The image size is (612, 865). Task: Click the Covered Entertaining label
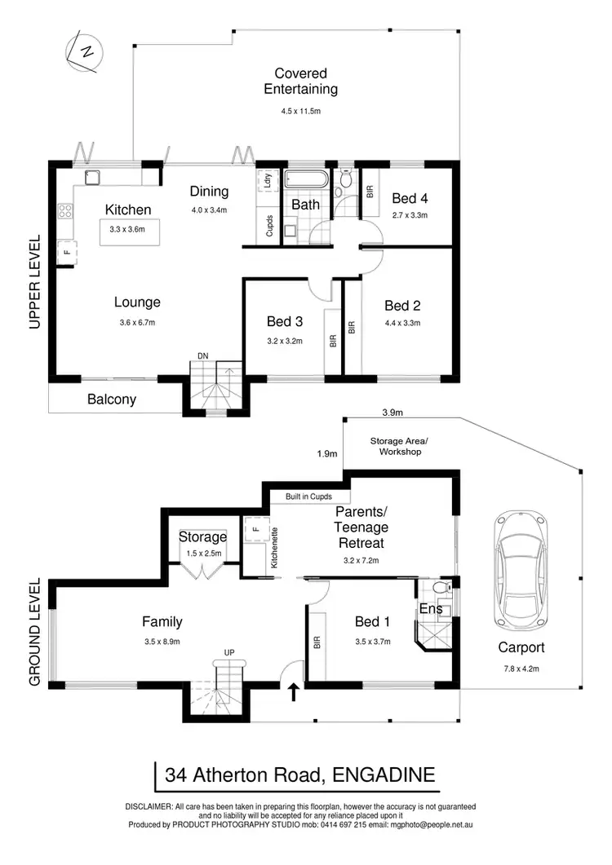(x=307, y=82)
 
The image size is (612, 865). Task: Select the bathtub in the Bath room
(x=306, y=181)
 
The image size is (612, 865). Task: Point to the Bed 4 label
(x=410, y=198)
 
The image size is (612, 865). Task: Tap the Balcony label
(x=112, y=400)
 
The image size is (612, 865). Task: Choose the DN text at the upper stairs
(x=203, y=355)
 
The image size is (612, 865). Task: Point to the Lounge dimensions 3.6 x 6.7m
(x=137, y=323)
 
